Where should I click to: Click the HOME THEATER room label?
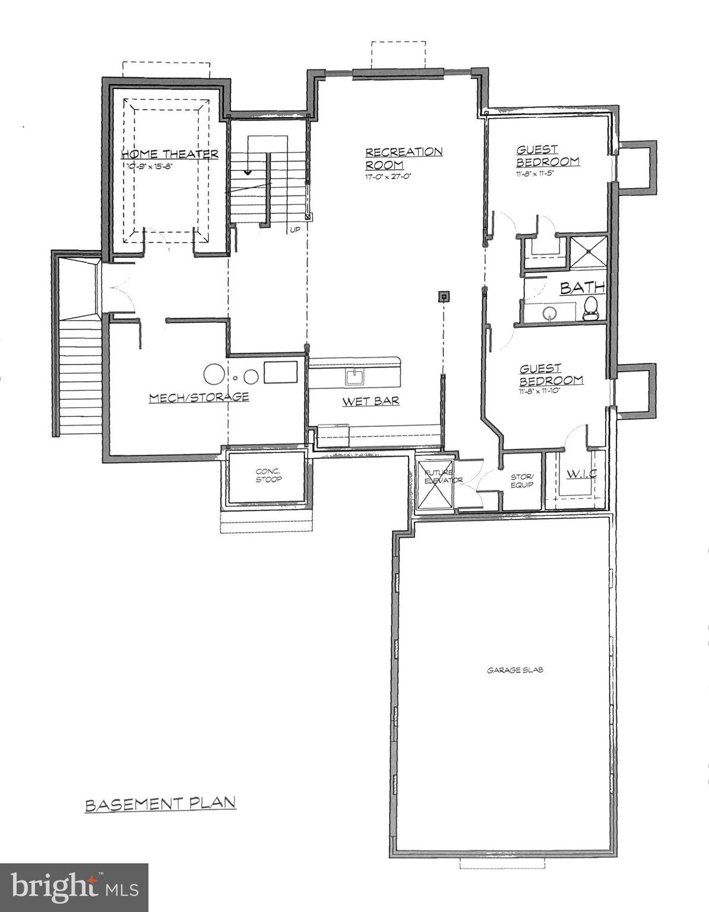(170, 154)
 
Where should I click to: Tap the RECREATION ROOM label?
(403, 158)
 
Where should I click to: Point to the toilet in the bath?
(591, 309)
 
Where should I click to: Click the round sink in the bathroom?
(551, 313)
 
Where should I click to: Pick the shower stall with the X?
(588, 254)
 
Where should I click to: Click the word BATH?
(583, 288)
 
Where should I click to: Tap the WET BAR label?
(371, 402)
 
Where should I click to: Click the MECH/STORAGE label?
(198, 397)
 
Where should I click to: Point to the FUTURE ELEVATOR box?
(435, 484)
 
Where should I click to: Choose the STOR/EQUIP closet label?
(523, 480)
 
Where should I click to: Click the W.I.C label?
(581, 474)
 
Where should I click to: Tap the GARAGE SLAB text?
(515, 670)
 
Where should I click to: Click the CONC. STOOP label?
(268, 476)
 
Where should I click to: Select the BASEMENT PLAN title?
(160, 805)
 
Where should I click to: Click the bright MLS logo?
(74, 888)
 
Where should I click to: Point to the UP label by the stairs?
(294, 229)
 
